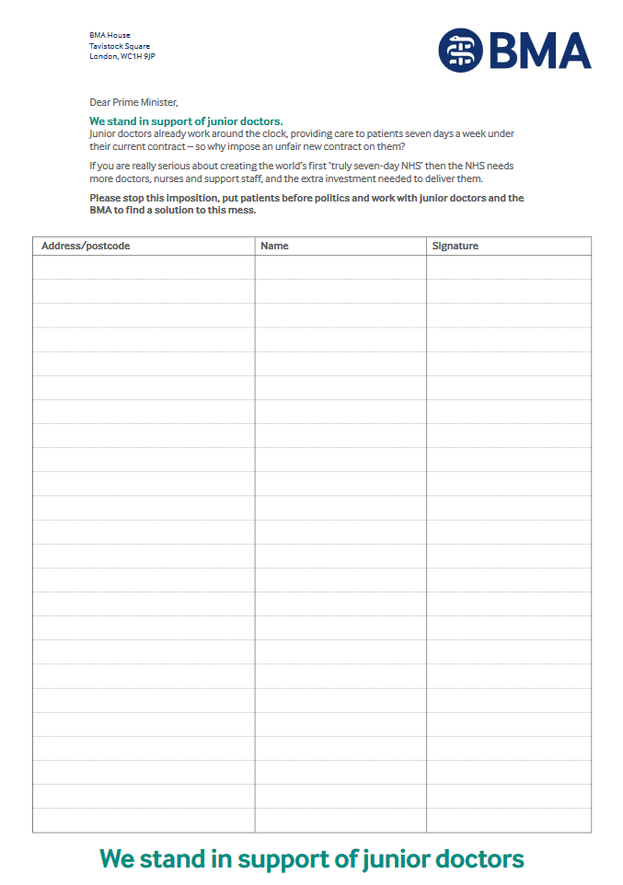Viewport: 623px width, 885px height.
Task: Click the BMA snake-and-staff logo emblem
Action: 460,50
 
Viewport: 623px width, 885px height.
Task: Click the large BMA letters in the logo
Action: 539,51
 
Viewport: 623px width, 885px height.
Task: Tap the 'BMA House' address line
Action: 110,35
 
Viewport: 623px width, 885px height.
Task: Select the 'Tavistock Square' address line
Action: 120,46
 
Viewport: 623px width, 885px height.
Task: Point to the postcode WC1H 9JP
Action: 138,56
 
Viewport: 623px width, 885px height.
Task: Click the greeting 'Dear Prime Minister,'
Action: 133,102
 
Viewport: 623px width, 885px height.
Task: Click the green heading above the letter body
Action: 186,121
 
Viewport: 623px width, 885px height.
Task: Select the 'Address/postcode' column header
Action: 86,246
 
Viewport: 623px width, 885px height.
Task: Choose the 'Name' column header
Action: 274,246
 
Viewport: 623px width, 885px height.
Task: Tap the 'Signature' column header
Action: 456,246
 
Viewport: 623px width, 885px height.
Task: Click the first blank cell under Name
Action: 340,268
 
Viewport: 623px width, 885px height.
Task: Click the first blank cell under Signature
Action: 508,268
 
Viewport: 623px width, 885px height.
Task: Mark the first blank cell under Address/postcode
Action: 144,268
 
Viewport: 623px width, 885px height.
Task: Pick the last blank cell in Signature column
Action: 508,820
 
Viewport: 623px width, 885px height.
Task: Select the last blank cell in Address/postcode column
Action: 144,820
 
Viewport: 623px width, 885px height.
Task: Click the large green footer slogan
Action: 311,858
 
